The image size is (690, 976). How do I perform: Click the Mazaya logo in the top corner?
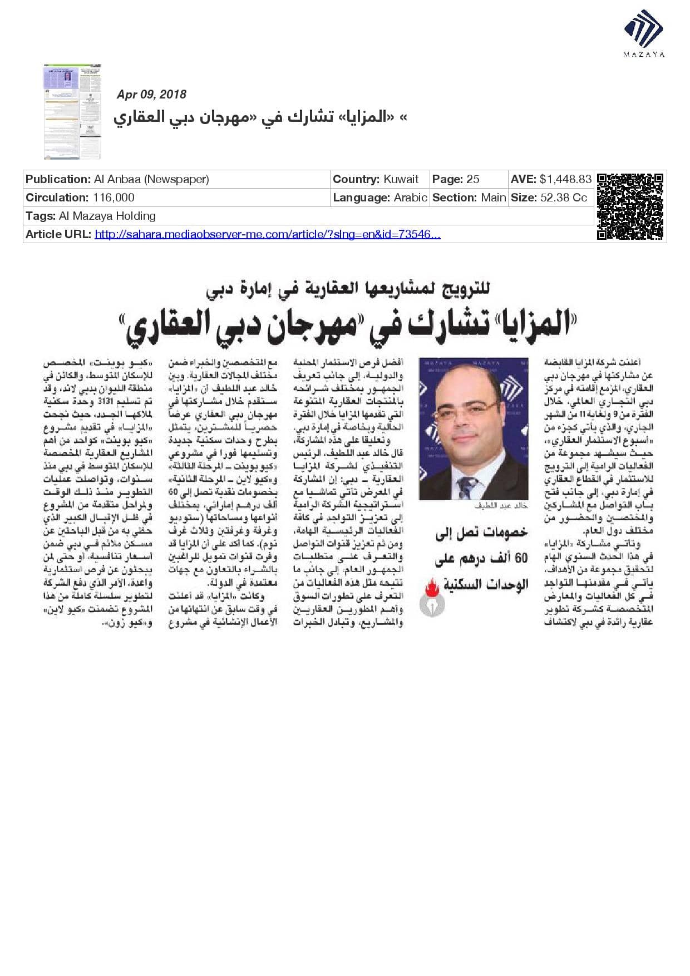click(644, 32)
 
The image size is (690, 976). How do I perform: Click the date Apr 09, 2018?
click(151, 95)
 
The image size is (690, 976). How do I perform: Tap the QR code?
click(630, 206)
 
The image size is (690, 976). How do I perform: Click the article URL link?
click(267, 234)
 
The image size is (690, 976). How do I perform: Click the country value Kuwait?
click(401, 179)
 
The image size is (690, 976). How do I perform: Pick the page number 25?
click(473, 179)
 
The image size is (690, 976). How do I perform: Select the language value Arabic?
click(410, 198)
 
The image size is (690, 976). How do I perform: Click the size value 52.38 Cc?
click(564, 198)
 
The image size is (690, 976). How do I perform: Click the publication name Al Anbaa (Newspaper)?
click(151, 179)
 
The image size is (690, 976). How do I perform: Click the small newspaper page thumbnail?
click(73, 111)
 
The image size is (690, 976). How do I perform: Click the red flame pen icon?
click(431, 591)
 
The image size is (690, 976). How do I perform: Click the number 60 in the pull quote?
click(520, 558)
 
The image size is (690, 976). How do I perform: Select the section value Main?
click(494, 198)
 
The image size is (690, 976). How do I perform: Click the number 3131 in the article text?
click(105, 401)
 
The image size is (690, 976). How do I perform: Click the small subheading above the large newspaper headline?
click(348, 289)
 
